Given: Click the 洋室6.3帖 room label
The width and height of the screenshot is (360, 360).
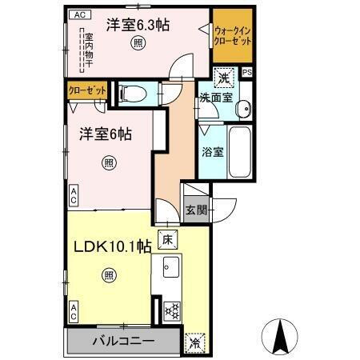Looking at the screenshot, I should point(142,24).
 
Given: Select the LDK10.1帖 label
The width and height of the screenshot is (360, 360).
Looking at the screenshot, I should point(111,246).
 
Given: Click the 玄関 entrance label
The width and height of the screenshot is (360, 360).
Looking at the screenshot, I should point(197,210).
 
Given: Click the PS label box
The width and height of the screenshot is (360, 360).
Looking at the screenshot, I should point(247,72).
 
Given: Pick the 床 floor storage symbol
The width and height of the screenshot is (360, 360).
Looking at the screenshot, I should point(167,238).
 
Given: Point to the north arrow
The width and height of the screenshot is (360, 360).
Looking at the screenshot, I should point(281,337).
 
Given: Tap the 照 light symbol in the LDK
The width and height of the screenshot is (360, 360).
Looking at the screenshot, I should point(108,276).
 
